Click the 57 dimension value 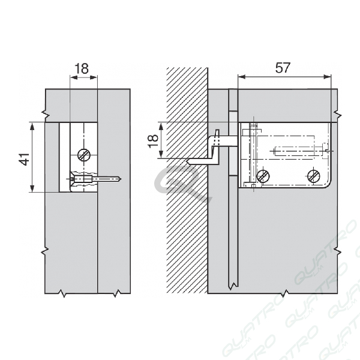click(283, 68)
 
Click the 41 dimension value click(25, 159)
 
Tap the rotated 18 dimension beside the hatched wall click(153, 141)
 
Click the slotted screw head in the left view click(84, 155)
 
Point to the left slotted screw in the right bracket click(263, 176)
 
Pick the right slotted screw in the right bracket click(314, 176)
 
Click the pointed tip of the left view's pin click(121, 179)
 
